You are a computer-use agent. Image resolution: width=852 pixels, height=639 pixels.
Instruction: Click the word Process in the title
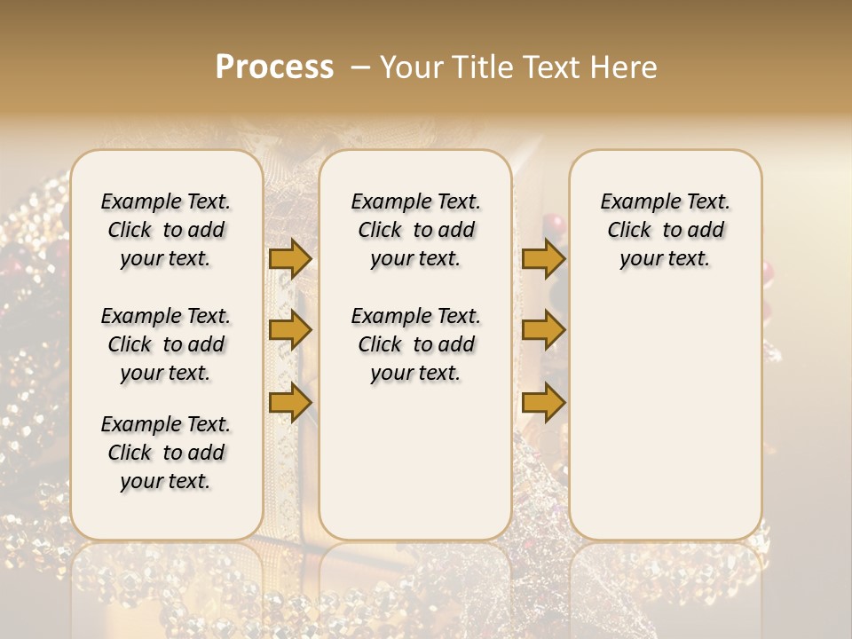point(274,67)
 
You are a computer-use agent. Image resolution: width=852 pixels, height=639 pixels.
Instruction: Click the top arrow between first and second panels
point(290,258)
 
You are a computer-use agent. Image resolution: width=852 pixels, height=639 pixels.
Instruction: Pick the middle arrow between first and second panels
point(290,331)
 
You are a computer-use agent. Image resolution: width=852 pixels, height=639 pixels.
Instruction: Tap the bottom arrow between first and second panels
point(290,404)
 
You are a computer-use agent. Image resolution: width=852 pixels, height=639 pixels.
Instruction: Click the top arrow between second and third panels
point(543,258)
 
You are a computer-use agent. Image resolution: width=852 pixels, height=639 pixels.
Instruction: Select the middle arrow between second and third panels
point(543,331)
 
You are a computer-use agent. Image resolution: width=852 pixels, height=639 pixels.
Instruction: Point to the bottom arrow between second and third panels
point(543,404)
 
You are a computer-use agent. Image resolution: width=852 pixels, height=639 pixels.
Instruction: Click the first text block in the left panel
point(166,230)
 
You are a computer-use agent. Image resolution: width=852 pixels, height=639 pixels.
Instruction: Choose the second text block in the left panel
point(166,344)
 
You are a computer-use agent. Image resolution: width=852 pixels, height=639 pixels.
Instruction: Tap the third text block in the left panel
point(166,453)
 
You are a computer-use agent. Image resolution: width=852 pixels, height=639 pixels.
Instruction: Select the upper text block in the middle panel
point(415,230)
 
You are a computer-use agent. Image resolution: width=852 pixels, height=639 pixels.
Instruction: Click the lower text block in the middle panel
point(415,344)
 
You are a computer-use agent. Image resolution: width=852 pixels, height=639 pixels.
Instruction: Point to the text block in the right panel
point(665,230)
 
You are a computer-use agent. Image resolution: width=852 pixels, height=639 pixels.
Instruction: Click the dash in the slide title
point(360,67)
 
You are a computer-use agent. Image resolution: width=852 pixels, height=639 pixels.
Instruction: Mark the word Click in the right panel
point(629,231)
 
